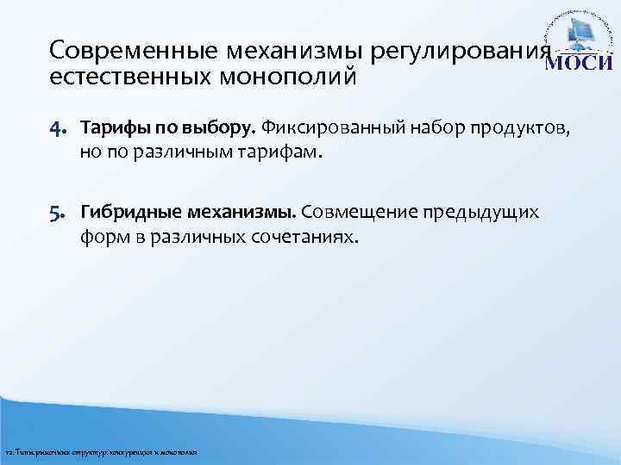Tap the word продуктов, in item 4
tap(518, 129)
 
